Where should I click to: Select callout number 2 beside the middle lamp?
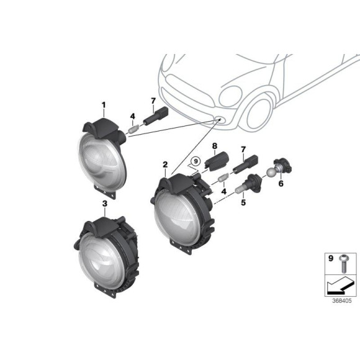164,164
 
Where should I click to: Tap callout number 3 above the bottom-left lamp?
105,203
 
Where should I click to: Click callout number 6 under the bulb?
281,184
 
